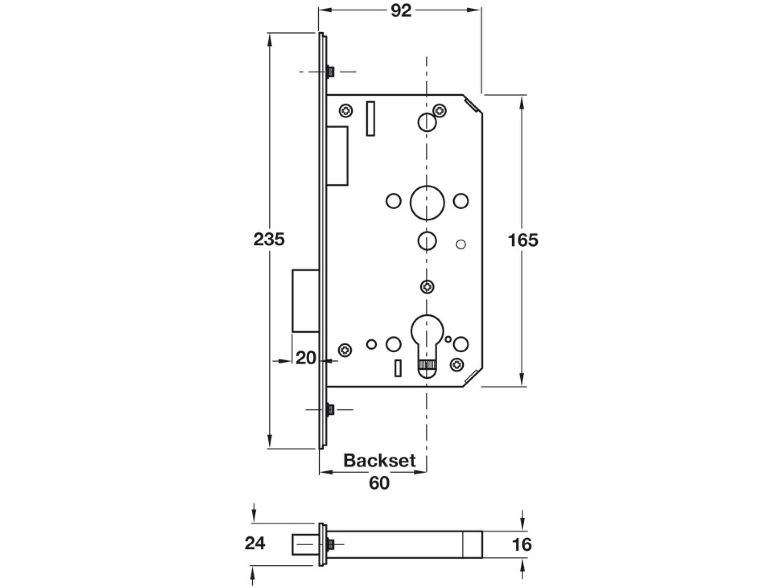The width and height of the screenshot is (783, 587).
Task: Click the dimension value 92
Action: tap(401, 11)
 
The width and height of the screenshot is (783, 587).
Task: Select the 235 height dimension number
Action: tap(269, 239)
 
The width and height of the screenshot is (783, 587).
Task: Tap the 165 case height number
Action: tap(523, 240)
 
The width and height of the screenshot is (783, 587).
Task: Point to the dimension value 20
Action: tap(306, 358)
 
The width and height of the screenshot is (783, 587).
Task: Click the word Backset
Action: tap(379, 460)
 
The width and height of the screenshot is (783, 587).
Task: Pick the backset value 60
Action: tap(379, 483)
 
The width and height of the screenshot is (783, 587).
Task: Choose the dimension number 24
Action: tap(255, 543)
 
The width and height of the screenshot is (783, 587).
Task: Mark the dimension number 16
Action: tap(522, 544)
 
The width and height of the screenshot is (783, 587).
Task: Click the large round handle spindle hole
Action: tap(427, 202)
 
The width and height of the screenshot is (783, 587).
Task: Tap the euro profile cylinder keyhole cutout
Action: tap(427, 344)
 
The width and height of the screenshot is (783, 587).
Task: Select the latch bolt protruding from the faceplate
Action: tap(306, 301)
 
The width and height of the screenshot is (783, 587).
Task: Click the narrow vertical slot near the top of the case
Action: tap(371, 118)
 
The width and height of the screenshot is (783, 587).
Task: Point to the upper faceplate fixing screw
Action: tap(331, 71)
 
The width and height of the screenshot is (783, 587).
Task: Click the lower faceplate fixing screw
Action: tap(331, 409)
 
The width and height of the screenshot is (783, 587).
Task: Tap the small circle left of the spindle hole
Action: tap(394, 201)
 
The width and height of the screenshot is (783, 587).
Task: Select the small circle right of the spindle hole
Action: tap(461, 201)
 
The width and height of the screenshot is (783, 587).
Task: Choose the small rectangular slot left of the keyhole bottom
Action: tap(398, 368)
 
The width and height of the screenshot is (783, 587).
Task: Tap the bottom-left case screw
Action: tap(345, 350)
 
